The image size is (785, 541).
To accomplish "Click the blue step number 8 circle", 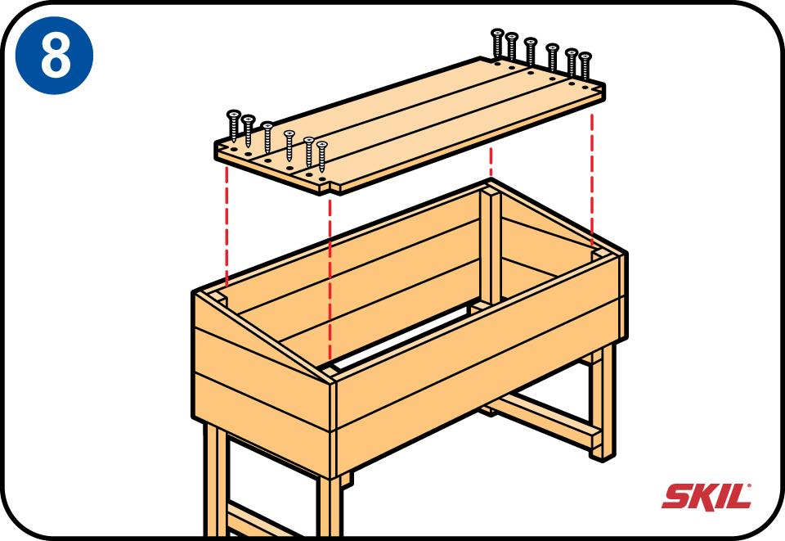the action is tap(54, 55).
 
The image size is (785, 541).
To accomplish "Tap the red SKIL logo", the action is tap(706, 496).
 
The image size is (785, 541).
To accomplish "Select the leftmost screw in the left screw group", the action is tap(234, 126).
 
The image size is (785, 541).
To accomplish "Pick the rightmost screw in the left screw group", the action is tap(322, 156).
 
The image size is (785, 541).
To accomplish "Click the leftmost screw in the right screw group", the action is tap(497, 43).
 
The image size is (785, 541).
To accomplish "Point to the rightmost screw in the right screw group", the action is tap(585, 65).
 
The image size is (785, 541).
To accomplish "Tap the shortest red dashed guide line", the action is tap(491, 160).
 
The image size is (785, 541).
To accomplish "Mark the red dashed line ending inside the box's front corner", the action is tap(330, 280).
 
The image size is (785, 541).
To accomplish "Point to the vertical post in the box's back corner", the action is tap(491, 246).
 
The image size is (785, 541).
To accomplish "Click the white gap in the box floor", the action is tap(401, 336).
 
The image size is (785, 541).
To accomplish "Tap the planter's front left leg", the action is tap(216, 478).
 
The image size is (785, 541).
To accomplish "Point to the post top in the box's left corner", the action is tap(216, 299).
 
